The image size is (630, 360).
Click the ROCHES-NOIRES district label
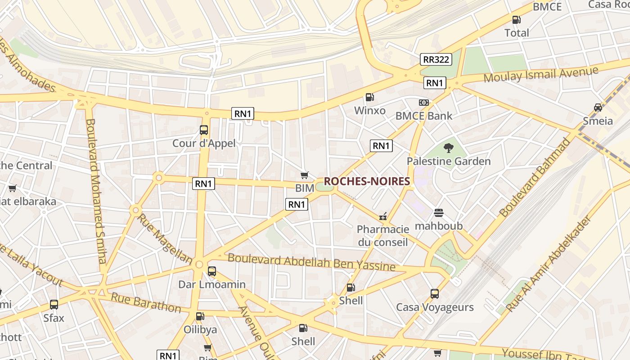[x=367, y=181]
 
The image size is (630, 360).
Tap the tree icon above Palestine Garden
[x=448, y=148]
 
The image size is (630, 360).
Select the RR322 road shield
[x=436, y=59]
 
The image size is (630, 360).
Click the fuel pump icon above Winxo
[x=369, y=97]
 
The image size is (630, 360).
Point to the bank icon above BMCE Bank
[x=423, y=103]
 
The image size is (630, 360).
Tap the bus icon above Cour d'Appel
[x=204, y=130]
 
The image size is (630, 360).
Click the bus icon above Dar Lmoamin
[x=212, y=271]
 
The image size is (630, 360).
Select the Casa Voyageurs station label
[x=435, y=307]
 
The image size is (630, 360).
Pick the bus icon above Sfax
[x=54, y=305]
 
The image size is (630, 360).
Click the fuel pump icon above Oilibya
[x=200, y=316]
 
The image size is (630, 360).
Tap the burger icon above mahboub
[x=439, y=213]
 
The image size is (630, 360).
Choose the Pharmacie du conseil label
[x=383, y=236]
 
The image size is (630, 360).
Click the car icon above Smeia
[x=598, y=108]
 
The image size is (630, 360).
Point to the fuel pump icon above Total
[x=517, y=20]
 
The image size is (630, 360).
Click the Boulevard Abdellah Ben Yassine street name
[x=311, y=262]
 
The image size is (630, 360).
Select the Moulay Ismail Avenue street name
[x=541, y=74]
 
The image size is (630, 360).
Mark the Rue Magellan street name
[x=165, y=239]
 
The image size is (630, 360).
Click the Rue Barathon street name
[x=146, y=303]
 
